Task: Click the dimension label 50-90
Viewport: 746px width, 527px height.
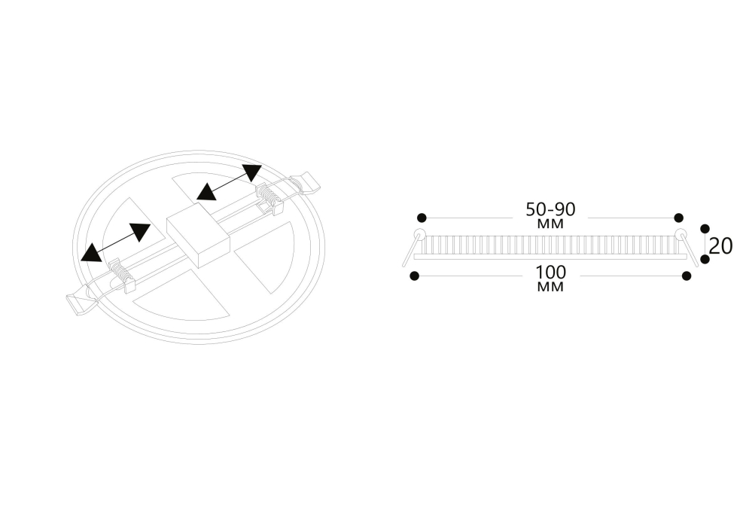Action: (x=550, y=209)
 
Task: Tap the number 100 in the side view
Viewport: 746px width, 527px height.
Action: (x=551, y=273)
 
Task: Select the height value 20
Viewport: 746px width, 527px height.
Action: (x=721, y=246)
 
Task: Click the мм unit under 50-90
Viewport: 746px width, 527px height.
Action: (x=550, y=224)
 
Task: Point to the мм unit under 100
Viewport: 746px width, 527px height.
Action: (x=550, y=287)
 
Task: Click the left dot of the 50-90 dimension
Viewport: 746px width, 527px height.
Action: (x=422, y=218)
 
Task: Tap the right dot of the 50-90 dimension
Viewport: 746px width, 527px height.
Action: (x=679, y=218)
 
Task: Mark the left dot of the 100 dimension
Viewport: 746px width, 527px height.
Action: (x=415, y=276)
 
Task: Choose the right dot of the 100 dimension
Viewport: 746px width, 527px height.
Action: (x=686, y=276)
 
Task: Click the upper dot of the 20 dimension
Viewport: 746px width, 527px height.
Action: (x=705, y=229)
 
